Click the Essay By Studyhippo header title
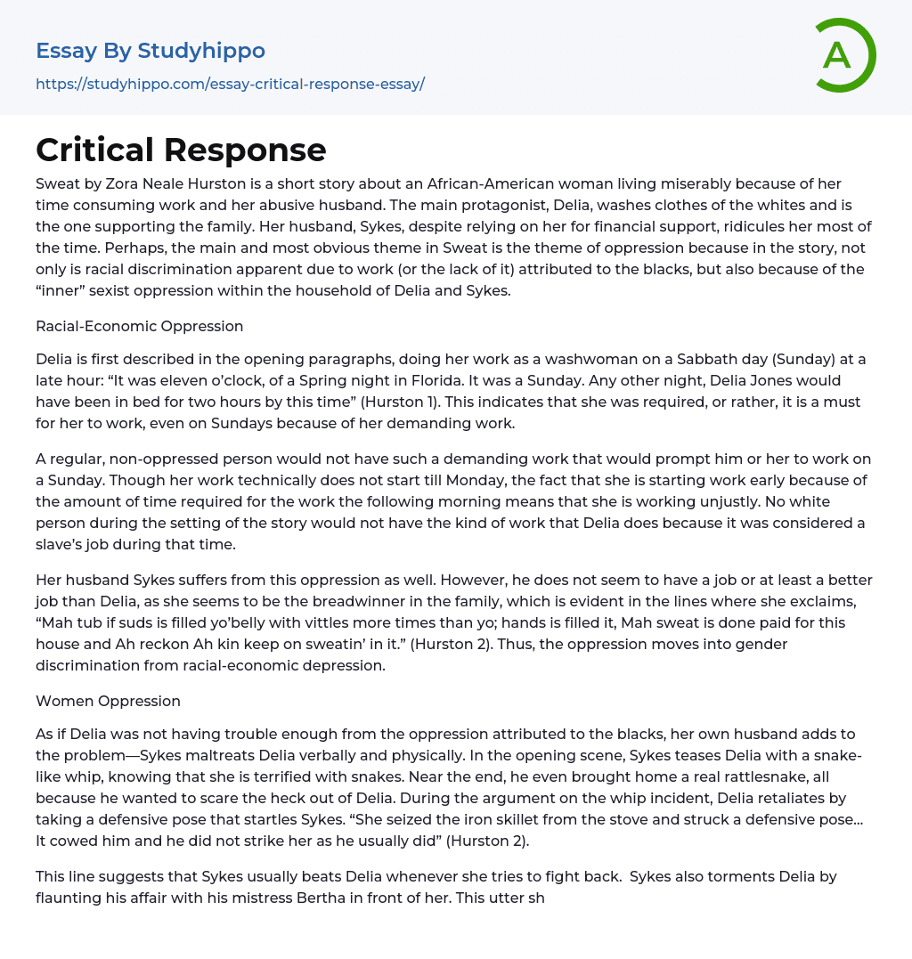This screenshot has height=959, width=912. (151, 51)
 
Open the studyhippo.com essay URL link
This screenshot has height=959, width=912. (230, 85)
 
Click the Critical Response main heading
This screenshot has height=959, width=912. (181, 150)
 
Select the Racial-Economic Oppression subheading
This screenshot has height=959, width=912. (140, 326)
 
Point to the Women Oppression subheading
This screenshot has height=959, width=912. (108, 701)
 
